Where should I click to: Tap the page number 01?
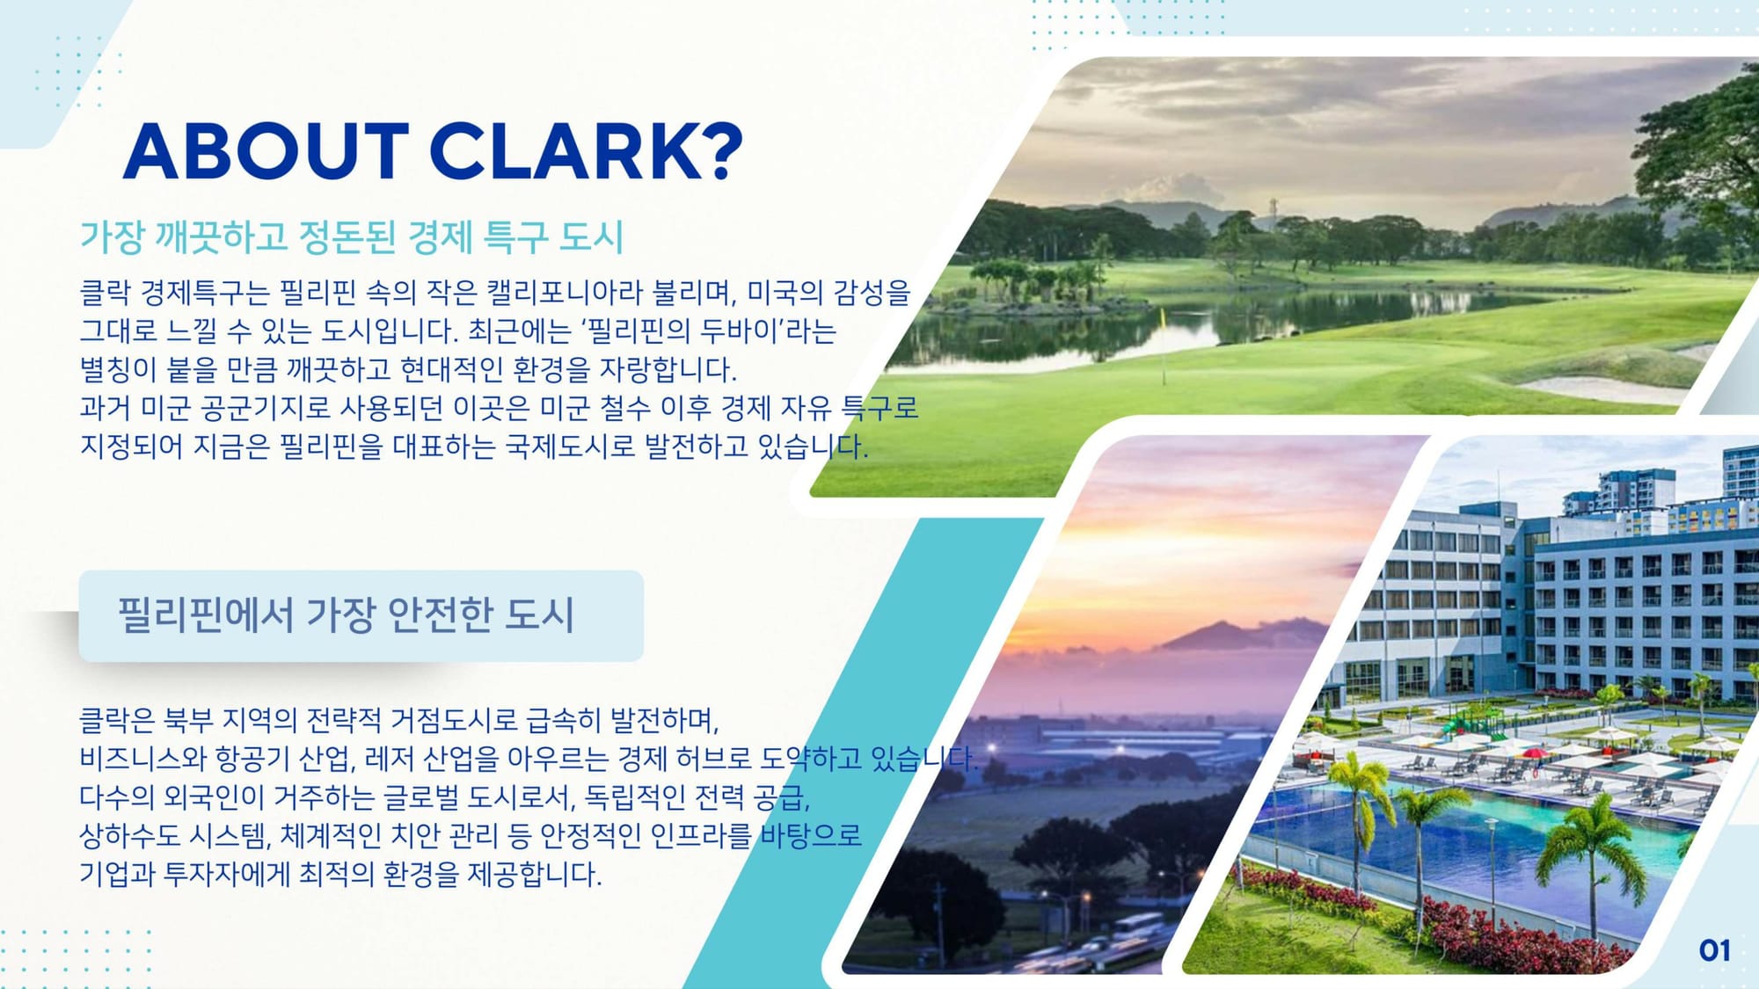click(x=1715, y=950)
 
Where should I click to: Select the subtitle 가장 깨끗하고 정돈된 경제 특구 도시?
click(x=352, y=236)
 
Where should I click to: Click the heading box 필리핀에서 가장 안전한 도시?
click(x=361, y=615)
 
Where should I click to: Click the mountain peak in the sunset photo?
click(x=1219, y=626)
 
